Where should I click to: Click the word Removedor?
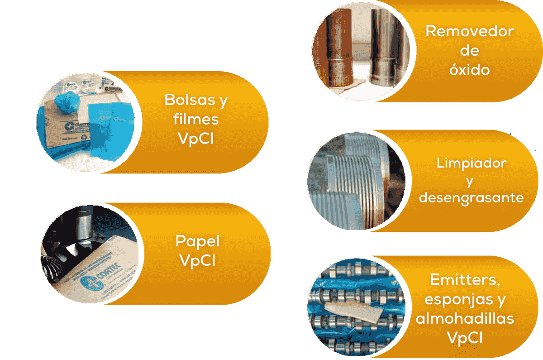pos(470,32)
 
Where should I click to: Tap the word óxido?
pos(470,70)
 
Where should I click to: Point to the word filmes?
pos(196,119)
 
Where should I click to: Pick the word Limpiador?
pos(472,163)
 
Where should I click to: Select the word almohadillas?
pos(465,318)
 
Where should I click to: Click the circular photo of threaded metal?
pos(357,181)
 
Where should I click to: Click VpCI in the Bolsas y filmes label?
pos(196,139)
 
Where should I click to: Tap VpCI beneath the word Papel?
pos(197,261)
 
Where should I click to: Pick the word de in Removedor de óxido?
pos(470,50)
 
